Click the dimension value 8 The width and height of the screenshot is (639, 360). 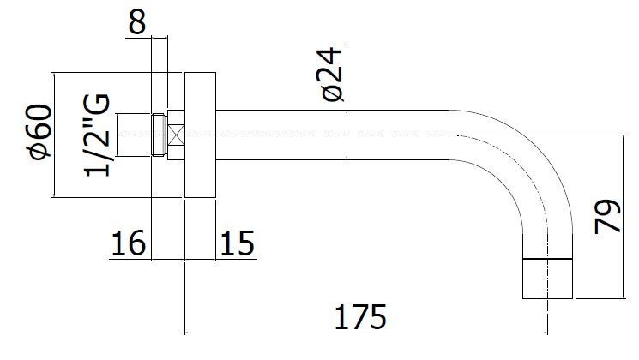coord(137,21)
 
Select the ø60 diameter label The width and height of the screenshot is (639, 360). coord(40,132)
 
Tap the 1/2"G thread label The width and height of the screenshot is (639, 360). coord(97,135)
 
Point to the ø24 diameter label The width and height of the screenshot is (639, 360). coord(331,74)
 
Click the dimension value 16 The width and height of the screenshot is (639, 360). coord(128,243)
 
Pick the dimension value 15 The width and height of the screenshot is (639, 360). coord(238,243)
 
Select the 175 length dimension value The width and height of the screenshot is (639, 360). coord(360,317)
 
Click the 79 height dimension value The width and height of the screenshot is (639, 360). coord(607,216)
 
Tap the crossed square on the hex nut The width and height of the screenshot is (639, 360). coord(176,135)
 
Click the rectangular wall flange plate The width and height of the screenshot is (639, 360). coord(200,135)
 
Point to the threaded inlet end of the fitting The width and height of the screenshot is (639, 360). coord(160,135)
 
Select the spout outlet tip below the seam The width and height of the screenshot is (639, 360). coord(548,279)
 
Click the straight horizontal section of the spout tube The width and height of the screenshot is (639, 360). coord(332,135)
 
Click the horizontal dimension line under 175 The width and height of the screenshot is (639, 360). coord(366,333)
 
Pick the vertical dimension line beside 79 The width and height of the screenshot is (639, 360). coord(623,216)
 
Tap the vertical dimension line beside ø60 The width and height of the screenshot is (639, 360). coord(54,135)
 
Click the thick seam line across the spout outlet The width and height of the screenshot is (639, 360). coord(548,259)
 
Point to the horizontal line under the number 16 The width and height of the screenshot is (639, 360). coord(130,259)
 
